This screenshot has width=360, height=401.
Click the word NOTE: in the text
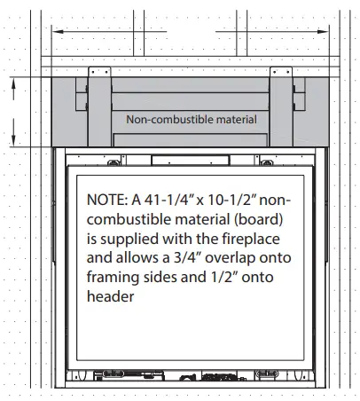click(107, 200)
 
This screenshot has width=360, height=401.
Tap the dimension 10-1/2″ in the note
click(231, 200)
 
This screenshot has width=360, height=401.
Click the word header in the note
click(110, 295)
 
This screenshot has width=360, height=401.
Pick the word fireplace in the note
click(251, 239)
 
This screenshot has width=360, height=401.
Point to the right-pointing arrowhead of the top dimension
click(323, 31)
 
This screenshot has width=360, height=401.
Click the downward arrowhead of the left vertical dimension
click(13, 139)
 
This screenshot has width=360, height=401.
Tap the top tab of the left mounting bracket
click(99, 72)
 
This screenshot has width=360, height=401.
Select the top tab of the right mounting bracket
click(281, 72)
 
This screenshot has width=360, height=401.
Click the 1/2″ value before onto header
click(224, 277)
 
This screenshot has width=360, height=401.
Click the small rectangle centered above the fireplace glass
click(191, 160)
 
